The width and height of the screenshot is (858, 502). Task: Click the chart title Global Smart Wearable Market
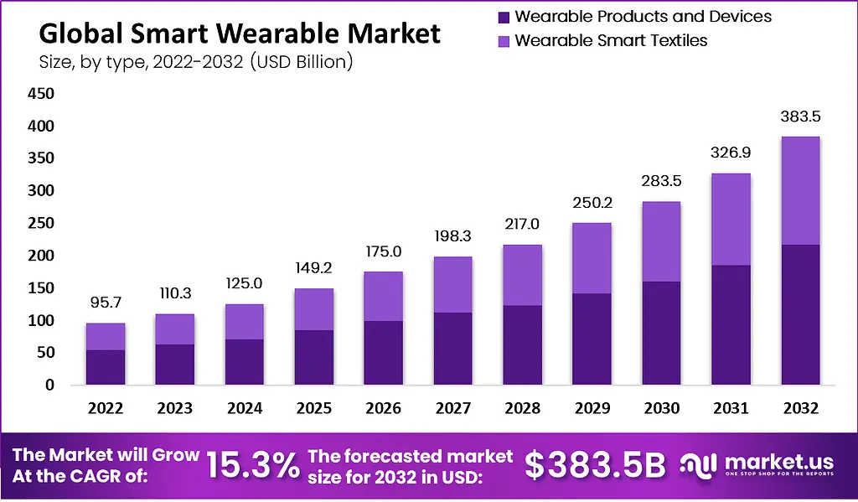click(239, 34)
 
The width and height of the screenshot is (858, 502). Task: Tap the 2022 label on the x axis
click(106, 408)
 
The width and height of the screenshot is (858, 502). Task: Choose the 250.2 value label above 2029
click(592, 204)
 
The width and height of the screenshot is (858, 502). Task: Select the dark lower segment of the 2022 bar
click(106, 367)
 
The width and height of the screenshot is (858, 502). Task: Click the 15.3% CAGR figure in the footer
click(254, 466)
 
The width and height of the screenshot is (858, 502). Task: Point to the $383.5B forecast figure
click(595, 466)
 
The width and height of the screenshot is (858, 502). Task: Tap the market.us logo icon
click(697, 466)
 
